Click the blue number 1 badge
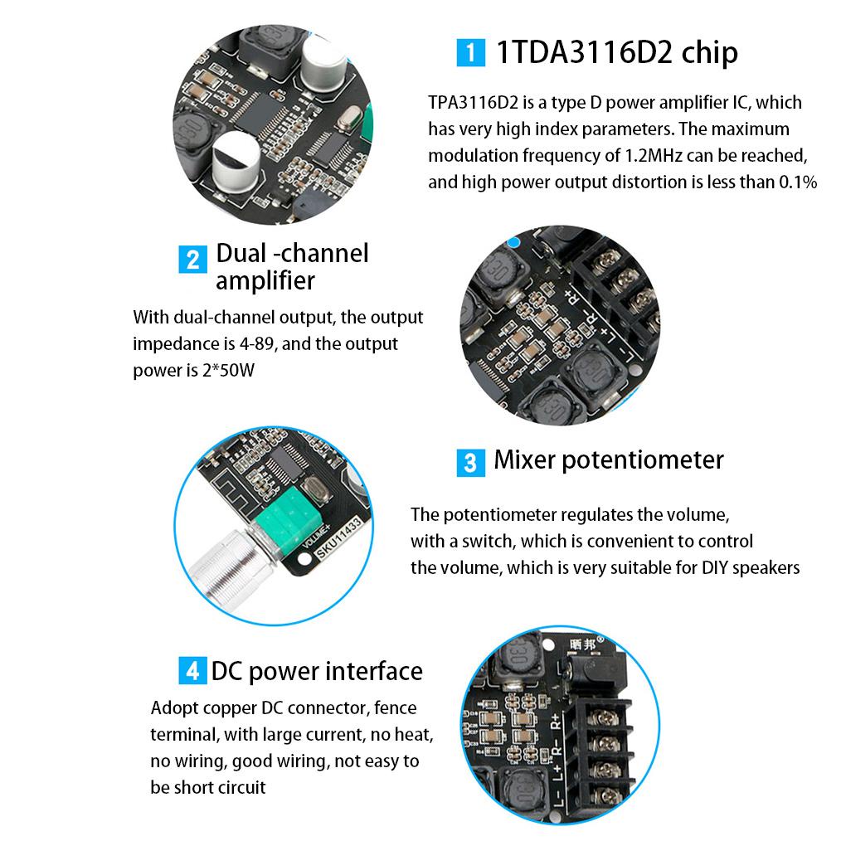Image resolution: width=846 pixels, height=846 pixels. (470, 54)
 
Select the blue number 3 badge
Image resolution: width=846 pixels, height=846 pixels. (470, 462)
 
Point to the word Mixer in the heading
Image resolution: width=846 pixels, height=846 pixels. (525, 459)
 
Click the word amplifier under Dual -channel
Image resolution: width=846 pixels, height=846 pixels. (265, 280)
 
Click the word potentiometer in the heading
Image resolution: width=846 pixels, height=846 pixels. (643, 459)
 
